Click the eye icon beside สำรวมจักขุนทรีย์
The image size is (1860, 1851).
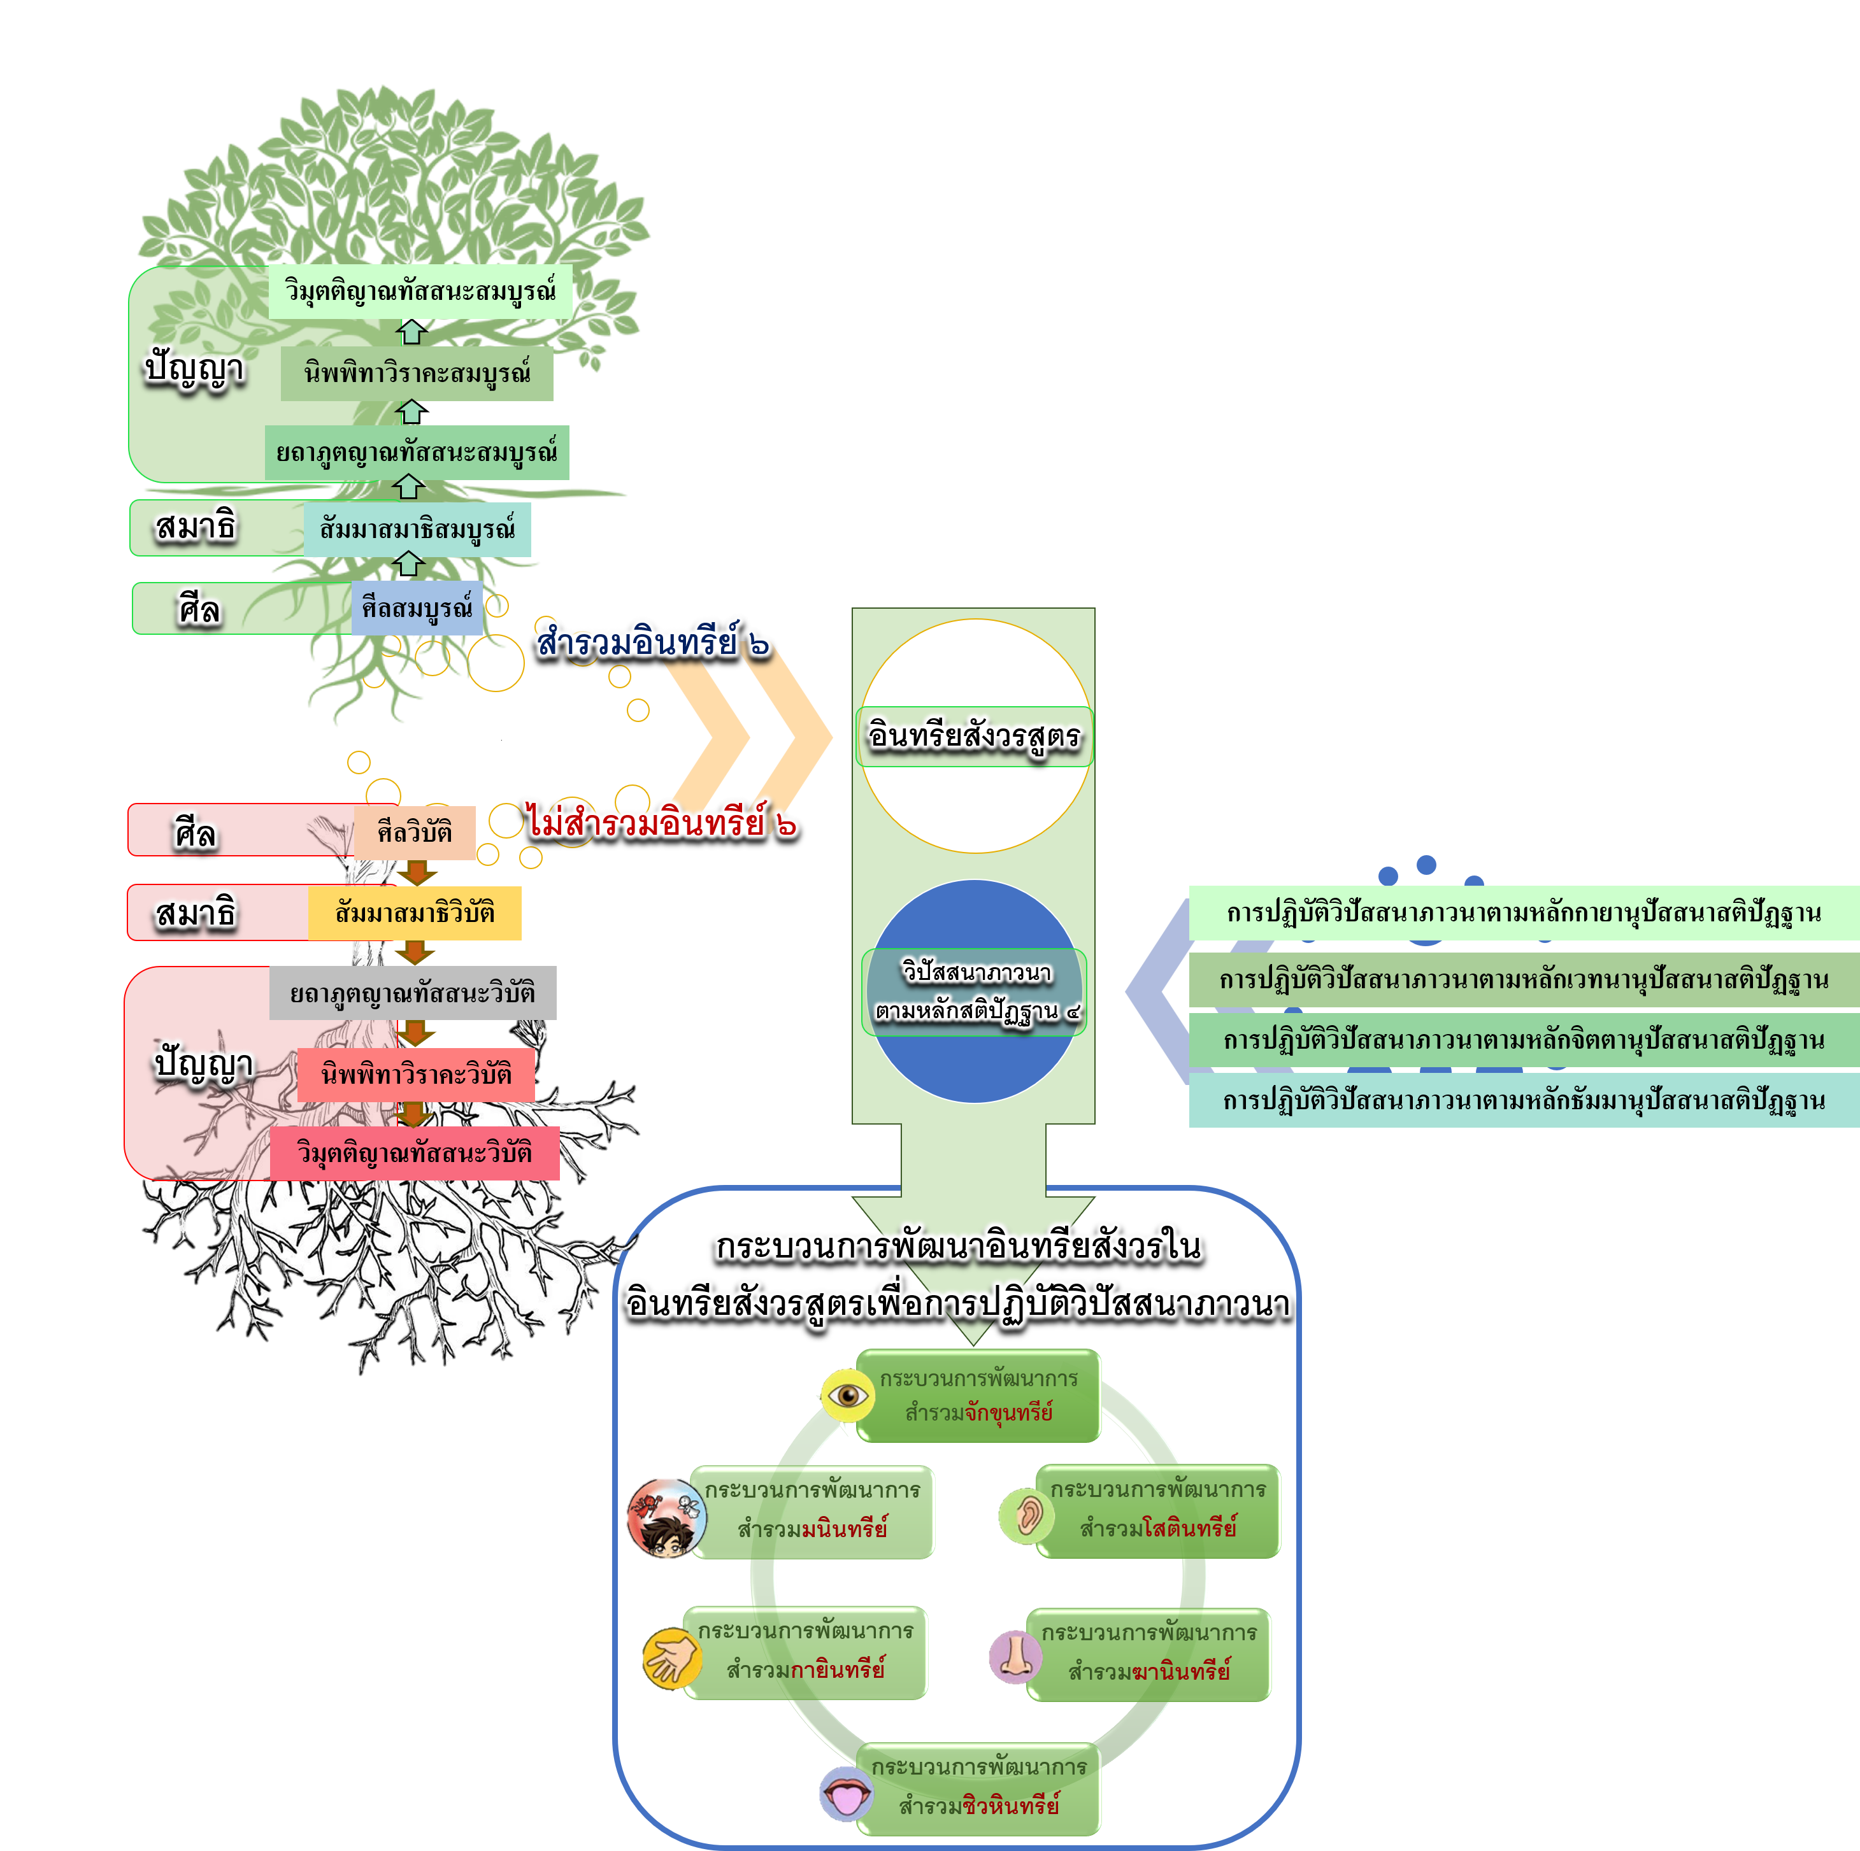(x=847, y=1394)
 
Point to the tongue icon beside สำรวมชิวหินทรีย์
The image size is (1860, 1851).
(x=847, y=1793)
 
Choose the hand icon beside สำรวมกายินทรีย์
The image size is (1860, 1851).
(x=671, y=1657)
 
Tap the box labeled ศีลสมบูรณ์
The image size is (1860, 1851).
(x=417, y=607)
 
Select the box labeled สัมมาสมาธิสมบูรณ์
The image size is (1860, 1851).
(x=417, y=529)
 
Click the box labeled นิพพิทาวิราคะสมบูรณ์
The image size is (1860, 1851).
(x=417, y=374)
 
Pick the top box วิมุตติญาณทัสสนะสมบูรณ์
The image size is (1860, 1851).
(x=420, y=291)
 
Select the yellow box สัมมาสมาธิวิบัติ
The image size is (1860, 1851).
(x=414, y=912)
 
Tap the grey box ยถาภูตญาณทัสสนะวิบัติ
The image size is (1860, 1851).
(x=412, y=993)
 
